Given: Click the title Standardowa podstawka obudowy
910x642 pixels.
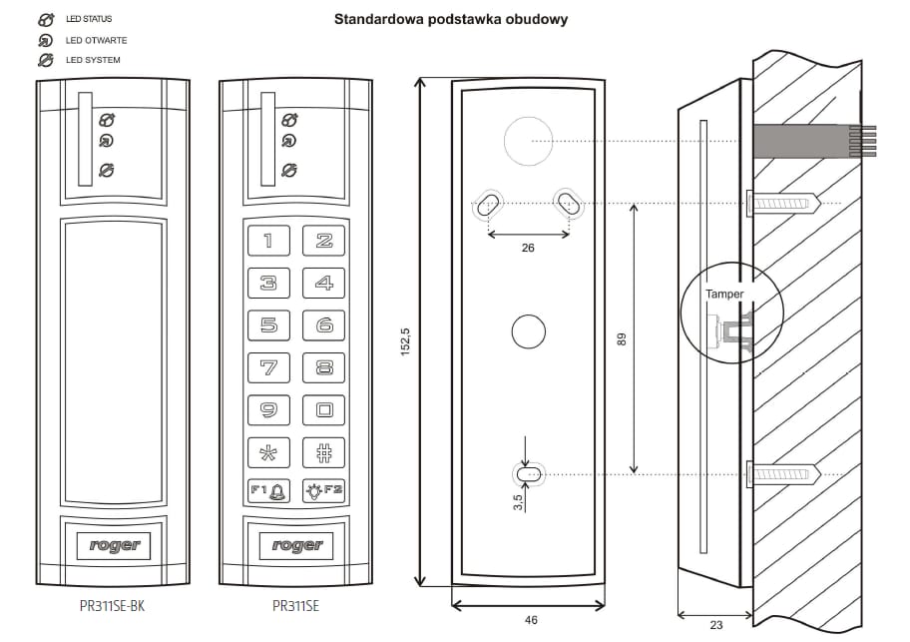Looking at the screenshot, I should (451, 19).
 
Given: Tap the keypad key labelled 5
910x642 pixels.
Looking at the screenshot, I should (268, 324).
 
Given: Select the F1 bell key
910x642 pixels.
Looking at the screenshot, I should (268, 490).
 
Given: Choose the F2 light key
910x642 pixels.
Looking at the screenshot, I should (324, 490).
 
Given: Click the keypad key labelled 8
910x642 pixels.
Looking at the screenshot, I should (324, 367).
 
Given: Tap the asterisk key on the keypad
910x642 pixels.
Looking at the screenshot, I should (268, 451).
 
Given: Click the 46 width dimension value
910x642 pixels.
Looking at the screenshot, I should (531, 620).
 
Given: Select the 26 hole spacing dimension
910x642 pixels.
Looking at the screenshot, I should (528, 248).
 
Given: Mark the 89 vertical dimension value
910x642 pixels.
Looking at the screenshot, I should (621, 339).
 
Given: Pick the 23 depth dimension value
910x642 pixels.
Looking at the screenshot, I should (715, 625).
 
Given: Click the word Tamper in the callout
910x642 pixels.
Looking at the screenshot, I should (724, 295).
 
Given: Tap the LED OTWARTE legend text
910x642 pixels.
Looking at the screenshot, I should (97, 41).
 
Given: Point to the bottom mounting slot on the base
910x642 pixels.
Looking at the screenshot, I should (529, 473).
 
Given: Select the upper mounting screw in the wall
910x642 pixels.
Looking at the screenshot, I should (783, 204).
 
